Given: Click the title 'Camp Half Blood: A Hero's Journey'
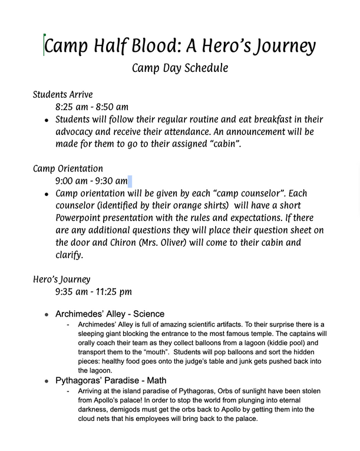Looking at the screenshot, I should (x=180, y=46).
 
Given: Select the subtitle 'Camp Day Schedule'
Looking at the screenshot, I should (x=180, y=68).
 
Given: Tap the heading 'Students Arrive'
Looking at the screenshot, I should (x=62, y=94).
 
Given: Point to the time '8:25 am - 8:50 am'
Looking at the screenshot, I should (x=92, y=107).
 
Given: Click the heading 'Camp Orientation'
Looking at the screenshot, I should (x=68, y=169).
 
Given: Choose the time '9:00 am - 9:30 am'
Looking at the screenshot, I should (x=91, y=181).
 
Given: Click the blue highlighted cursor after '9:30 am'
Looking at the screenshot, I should (x=130, y=181).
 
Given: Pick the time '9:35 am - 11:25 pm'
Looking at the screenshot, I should (x=94, y=291).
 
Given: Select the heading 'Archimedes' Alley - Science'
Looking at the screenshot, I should (x=110, y=314).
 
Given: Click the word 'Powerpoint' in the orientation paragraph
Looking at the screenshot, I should (x=82, y=218).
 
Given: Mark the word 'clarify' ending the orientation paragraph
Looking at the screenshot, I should (x=70, y=255).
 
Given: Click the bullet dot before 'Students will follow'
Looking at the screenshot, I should (x=47, y=120).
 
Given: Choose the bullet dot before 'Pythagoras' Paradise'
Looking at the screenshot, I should (x=47, y=381).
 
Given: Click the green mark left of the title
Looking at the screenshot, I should (x=44, y=45).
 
